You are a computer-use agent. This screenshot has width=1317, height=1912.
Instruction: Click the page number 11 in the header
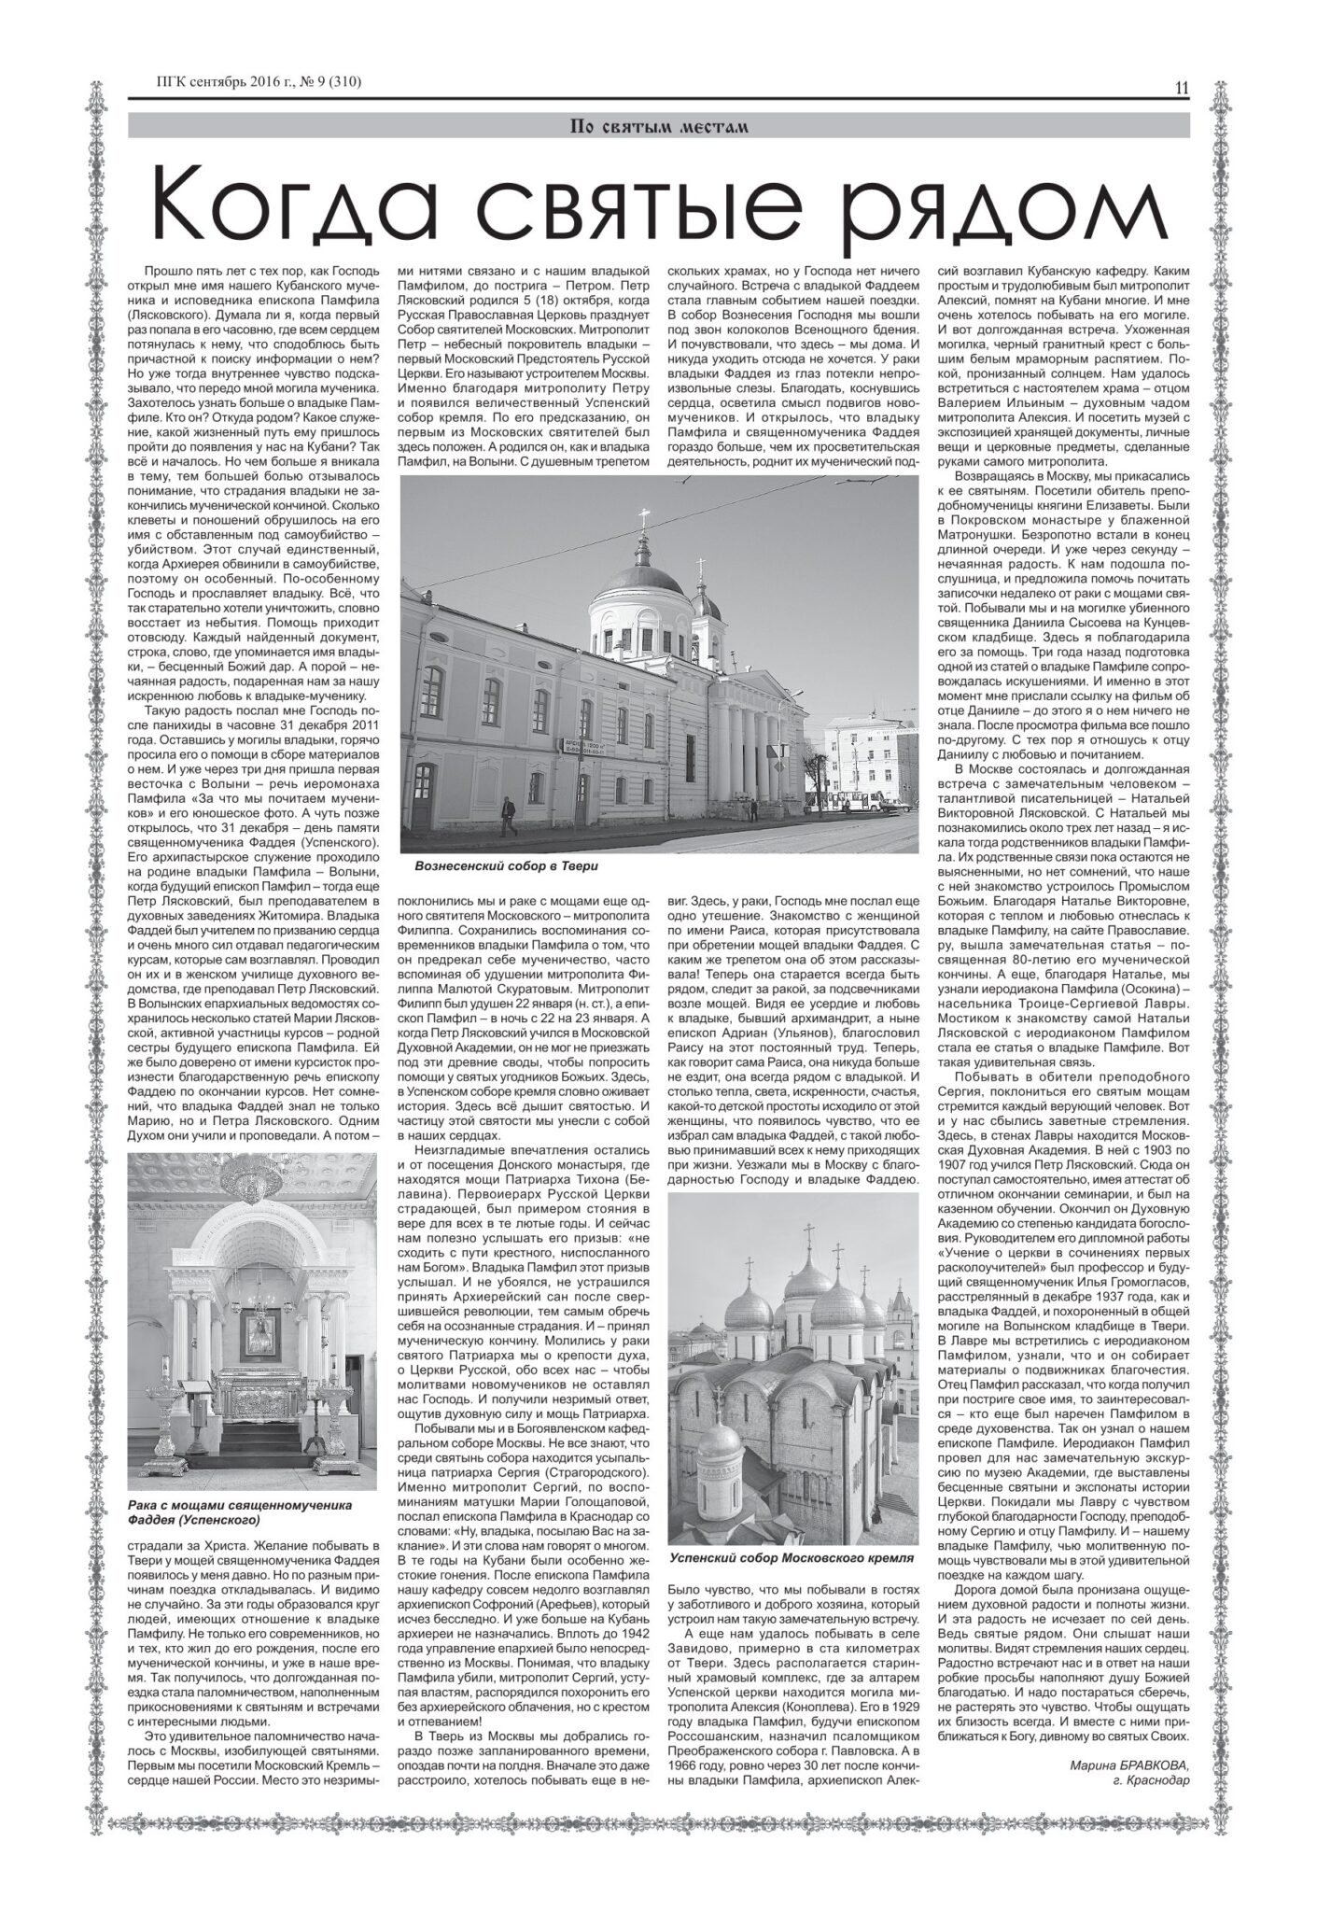click(x=1181, y=90)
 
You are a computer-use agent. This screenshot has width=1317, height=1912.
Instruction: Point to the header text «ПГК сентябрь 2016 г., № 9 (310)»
click(x=259, y=83)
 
